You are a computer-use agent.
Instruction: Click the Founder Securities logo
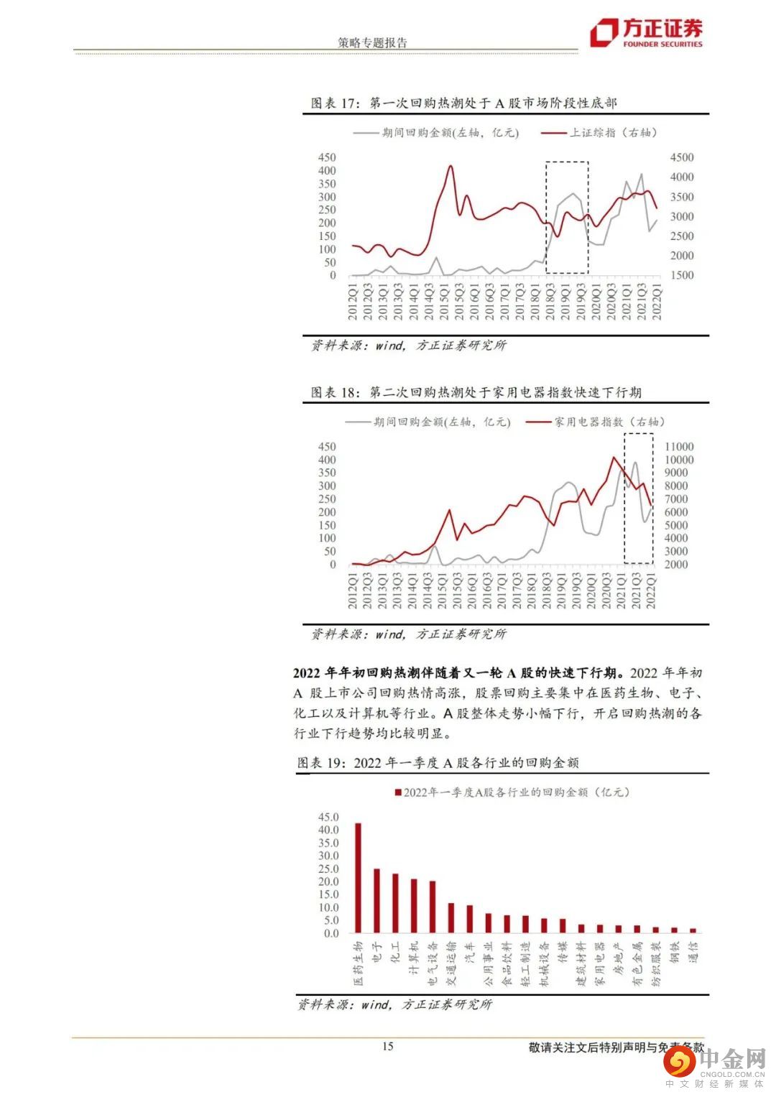(645, 33)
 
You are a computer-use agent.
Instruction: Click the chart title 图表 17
(463, 103)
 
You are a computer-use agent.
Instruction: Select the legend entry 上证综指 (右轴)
(599, 133)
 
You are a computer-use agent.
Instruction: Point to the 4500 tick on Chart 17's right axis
(681, 158)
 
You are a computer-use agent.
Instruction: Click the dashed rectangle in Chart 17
(567, 163)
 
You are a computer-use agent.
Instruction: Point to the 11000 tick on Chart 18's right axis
(680, 447)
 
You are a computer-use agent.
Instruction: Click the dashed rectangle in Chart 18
(638, 435)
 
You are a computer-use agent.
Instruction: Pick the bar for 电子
(377, 901)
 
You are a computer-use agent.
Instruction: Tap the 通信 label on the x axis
(693, 953)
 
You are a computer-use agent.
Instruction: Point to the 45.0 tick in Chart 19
(328, 818)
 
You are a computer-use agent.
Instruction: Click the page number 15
(387, 1047)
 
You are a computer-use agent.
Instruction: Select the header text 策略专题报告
(372, 43)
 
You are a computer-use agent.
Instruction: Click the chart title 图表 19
(438, 763)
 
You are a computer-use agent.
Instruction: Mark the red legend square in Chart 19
(397, 792)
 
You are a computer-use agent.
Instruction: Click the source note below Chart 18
(408, 634)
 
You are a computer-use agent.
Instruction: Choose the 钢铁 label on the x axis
(675, 953)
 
